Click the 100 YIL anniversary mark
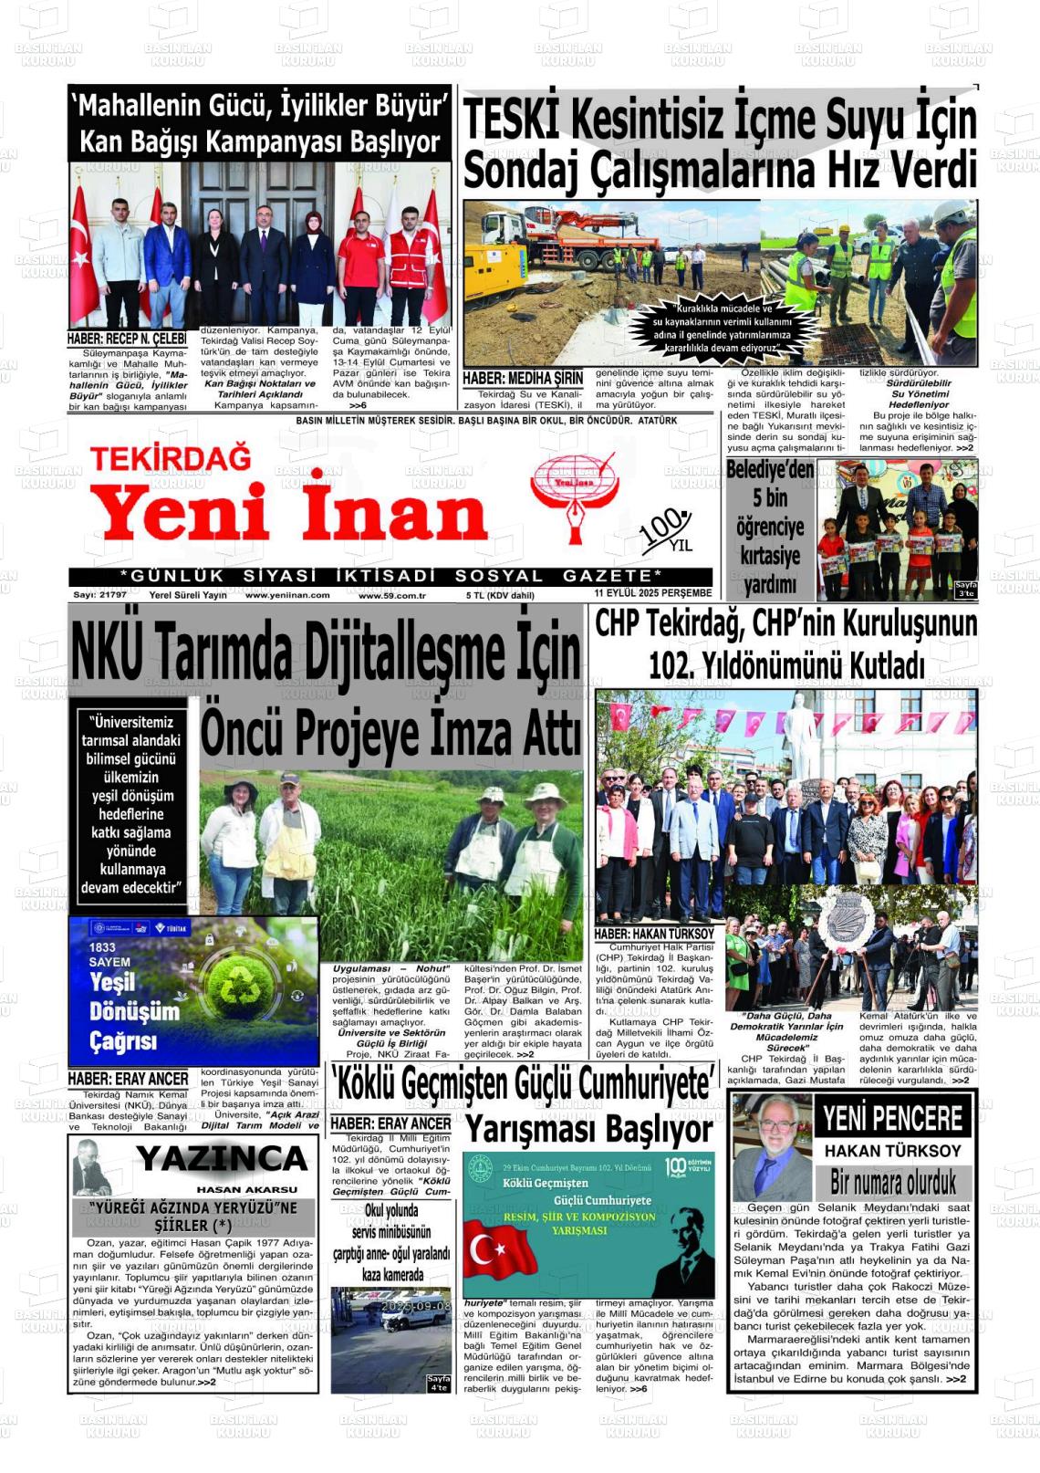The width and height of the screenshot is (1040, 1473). coord(667,532)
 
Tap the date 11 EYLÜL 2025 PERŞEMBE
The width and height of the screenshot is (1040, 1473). coord(652,593)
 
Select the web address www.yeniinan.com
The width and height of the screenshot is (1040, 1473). coord(287,595)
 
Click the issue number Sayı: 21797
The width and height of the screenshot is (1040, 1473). coord(100,595)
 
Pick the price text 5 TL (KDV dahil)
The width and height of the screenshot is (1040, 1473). coord(500,595)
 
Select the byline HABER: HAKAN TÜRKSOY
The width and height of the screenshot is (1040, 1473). coord(654,935)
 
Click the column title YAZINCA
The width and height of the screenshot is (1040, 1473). coord(222,1159)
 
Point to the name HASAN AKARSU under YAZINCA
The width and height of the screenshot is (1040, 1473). coord(246,1189)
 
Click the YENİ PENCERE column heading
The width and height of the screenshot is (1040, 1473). coord(891,1118)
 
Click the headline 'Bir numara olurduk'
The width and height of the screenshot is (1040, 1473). coord(892,1182)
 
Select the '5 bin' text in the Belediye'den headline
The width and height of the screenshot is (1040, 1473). coord(770,497)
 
